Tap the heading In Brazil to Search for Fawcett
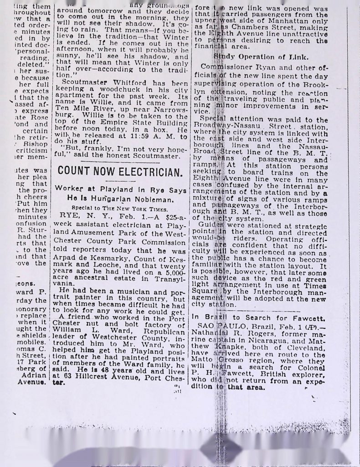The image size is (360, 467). click(258, 317)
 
